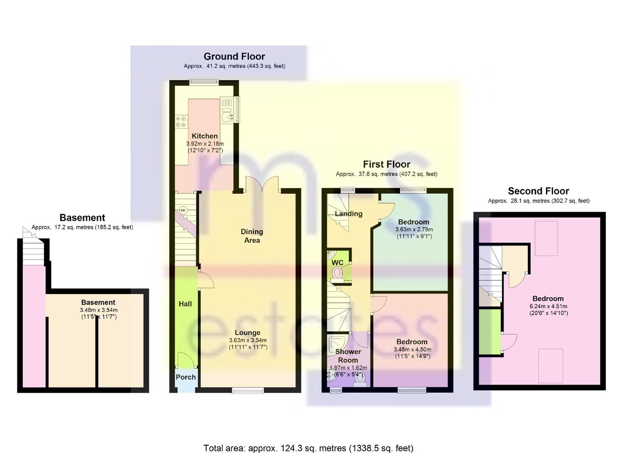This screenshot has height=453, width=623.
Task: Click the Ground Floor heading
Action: [234, 57]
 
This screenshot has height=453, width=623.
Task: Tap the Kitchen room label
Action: [205, 136]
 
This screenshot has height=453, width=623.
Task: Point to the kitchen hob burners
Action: [181, 122]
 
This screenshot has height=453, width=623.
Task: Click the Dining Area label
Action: [252, 236]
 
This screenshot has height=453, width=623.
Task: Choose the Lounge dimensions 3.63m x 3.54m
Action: [248, 340]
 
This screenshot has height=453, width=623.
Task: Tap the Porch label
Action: [186, 377]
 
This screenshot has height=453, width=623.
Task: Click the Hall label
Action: [185, 304]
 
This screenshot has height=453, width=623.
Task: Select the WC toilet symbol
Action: [337, 273]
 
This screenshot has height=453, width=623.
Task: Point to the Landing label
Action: [349, 213]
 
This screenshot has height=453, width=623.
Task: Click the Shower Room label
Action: [348, 356]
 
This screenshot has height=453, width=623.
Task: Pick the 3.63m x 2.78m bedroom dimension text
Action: [414, 229]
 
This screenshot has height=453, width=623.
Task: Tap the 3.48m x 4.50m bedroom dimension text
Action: [412, 349]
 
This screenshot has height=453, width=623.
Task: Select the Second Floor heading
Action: [538, 191]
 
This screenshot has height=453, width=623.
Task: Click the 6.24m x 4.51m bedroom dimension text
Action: [548, 306]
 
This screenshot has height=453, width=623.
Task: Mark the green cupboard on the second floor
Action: [490, 331]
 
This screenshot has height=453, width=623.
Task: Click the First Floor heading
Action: [386, 164]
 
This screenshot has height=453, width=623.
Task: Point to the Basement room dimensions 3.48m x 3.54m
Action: [99, 310]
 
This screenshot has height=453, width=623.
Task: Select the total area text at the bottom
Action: [309, 440]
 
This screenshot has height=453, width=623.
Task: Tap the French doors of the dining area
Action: [262, 185]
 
